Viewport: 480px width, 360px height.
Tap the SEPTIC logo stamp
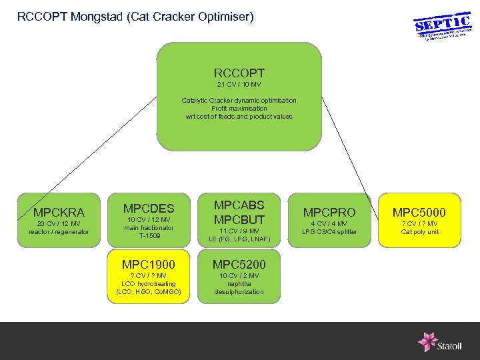pos(443,27)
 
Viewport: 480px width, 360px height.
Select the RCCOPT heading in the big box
pos(239,73)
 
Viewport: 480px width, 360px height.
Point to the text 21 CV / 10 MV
pos(239,85)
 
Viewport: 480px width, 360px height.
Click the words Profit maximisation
pos(239,108)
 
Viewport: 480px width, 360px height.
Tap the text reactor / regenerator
pos(59,232)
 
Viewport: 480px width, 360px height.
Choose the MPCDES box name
pos(149,209)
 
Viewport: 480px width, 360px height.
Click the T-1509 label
pos(149,235)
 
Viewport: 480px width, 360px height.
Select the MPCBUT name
pos(239,219)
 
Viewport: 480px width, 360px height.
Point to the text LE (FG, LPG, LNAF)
pos(239,239)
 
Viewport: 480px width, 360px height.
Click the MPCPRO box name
pos(329,212)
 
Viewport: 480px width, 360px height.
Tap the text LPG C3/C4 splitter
pos(329,232)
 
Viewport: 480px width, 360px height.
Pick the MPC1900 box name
pos(149,265)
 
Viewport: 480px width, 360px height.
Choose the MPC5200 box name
pos(239,265)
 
